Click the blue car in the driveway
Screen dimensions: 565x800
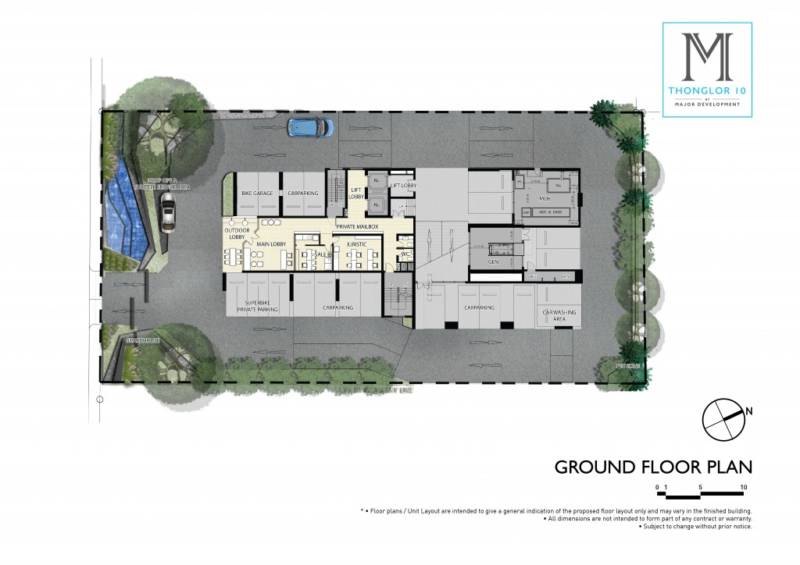click(x=310, y=126)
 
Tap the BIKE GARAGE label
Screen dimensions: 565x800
click(x=257, y=192)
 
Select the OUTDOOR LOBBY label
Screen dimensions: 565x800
click(x=237, y=233)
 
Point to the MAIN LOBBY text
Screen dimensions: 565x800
click(x=271, y=244)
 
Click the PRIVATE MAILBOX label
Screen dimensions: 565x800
click(x=356, y=226)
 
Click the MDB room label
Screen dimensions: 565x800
click(x=545, y=198)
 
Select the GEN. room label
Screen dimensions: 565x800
click(x=493, y=262)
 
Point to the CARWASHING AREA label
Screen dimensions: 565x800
click(x=559, y=315)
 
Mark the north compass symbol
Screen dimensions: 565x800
click(x=724, y=419)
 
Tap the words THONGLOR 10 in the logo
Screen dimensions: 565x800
click(x=707, y=90)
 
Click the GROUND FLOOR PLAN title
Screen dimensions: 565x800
click(x=653, y=467)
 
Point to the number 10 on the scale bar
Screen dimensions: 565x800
click(x=743, y=486)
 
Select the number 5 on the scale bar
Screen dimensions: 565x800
click(x=701, y=486)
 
